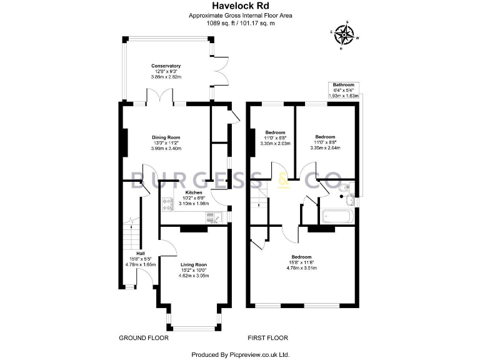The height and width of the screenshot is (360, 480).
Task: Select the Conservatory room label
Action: click(x=166, y=66)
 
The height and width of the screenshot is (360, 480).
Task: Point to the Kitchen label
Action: click(x=193, y=192)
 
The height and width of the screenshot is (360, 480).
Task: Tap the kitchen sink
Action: click(x=212, y=217)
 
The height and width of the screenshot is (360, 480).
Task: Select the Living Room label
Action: click(x=194, y=264)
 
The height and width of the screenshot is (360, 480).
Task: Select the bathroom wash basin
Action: click(x=352, y=201)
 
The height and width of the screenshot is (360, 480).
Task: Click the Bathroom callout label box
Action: click(x=344, y=91)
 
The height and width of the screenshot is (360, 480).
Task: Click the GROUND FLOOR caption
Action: click(x=144, y=337)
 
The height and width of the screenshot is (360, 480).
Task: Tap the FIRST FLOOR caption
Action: click(x=267, y=337)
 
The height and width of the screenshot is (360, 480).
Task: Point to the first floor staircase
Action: click(x=260, y=197)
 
